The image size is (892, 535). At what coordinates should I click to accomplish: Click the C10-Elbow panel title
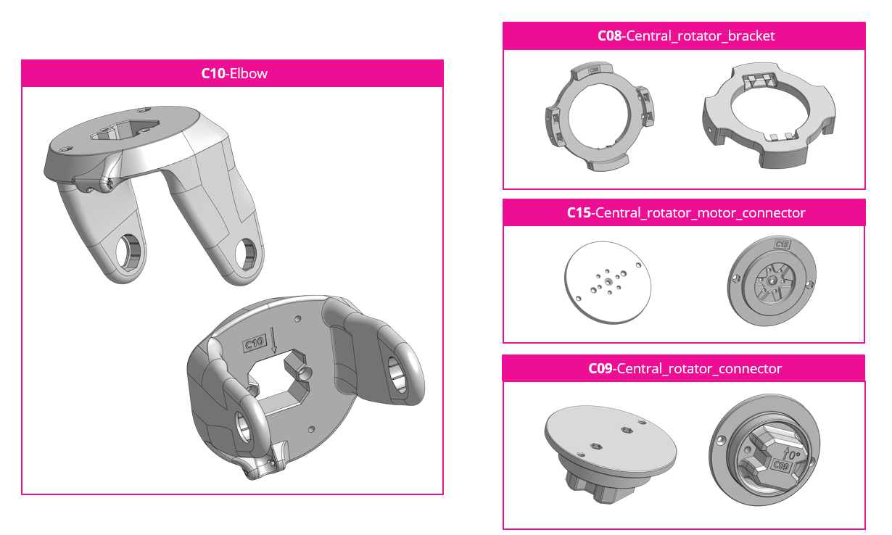click(x=234, y=74)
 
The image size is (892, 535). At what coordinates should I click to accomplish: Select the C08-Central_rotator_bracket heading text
click(x=686, y=36)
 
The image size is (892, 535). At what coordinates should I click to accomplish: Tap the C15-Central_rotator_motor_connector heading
click(x=686, y=213)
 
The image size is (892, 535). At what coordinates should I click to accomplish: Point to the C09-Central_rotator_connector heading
click(x=685, y=369)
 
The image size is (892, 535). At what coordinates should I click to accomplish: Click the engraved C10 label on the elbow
click(x=255, y=343)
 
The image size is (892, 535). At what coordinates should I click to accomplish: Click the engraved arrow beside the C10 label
click(x=273, y=340)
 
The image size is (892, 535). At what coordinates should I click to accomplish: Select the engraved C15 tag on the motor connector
click(x=782, y=244)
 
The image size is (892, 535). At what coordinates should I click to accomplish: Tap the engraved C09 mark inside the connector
click(x=781, y=465)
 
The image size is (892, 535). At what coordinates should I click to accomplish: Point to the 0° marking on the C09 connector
click(x=791, y=455)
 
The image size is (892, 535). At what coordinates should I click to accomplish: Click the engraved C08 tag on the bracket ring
click(x=593, y=70)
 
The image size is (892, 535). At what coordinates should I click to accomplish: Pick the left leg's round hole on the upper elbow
click(x=128, y=253)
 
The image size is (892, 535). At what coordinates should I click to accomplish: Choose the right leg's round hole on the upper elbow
click(x=246, y=254)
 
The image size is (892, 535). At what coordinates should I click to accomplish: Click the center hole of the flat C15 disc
click(x=608, y=282)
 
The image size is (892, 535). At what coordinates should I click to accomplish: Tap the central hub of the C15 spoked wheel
click(x=771, y=281)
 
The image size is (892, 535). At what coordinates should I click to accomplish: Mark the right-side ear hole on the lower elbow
click(x=397, y=375)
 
